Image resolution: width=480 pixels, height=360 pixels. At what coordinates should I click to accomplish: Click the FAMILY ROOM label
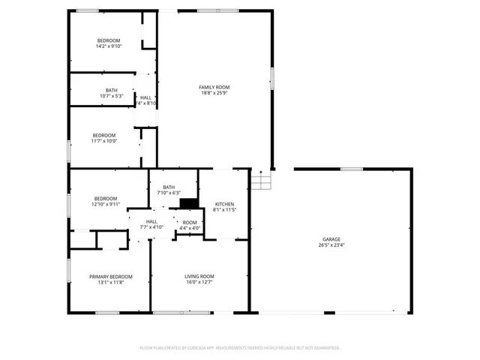coord(214,87)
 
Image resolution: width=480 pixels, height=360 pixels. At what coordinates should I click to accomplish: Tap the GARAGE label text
coord(331,239)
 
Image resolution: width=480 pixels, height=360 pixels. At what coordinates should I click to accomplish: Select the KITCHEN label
coord(225,204)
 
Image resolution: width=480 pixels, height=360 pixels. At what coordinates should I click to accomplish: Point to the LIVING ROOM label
coord(199,277)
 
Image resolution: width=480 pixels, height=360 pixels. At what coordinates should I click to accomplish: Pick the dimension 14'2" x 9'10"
coord(109,46)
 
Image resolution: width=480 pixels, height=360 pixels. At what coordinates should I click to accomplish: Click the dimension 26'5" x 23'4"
coord(331,245)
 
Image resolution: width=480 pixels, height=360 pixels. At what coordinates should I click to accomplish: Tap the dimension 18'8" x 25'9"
coord(214,93)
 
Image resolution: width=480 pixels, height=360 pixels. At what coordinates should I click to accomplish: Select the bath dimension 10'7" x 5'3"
coord(111,96)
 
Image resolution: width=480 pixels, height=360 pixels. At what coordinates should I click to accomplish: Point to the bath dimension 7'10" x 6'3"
coord(169,193)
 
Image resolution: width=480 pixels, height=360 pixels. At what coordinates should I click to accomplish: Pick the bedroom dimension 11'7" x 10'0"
coord(104,141)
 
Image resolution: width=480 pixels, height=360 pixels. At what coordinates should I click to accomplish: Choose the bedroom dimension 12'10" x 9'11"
coord(106,204)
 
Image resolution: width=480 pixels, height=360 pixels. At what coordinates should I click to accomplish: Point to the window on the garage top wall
coord(352,169)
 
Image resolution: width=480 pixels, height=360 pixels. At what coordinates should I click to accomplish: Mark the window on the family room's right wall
coord(272,78)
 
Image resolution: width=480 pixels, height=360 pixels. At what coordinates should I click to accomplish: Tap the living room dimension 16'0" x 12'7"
coord(199,283)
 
